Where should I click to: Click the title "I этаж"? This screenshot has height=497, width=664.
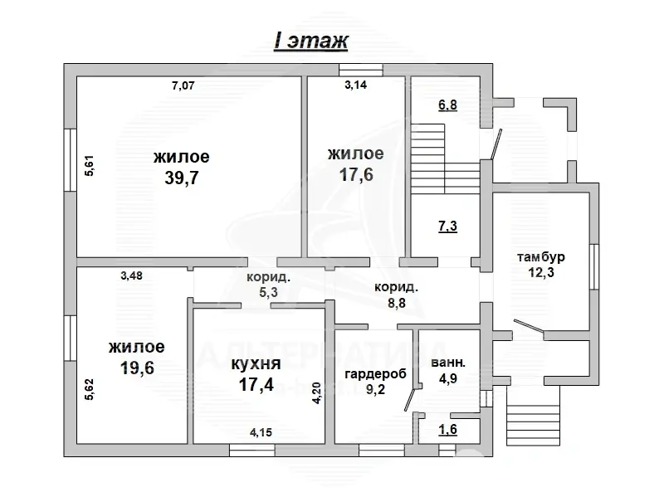(311, 41)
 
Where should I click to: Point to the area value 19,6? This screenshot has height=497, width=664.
(135, 368)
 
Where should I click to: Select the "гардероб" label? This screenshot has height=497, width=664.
(376, 373)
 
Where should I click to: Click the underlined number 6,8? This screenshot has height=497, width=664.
(447, 105)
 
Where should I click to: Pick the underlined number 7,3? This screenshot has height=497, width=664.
(447, 226)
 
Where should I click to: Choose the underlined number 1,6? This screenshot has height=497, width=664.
(447, 429)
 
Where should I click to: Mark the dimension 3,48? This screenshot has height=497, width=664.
(131, 277)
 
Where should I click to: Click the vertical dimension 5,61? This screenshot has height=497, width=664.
(89, 166)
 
